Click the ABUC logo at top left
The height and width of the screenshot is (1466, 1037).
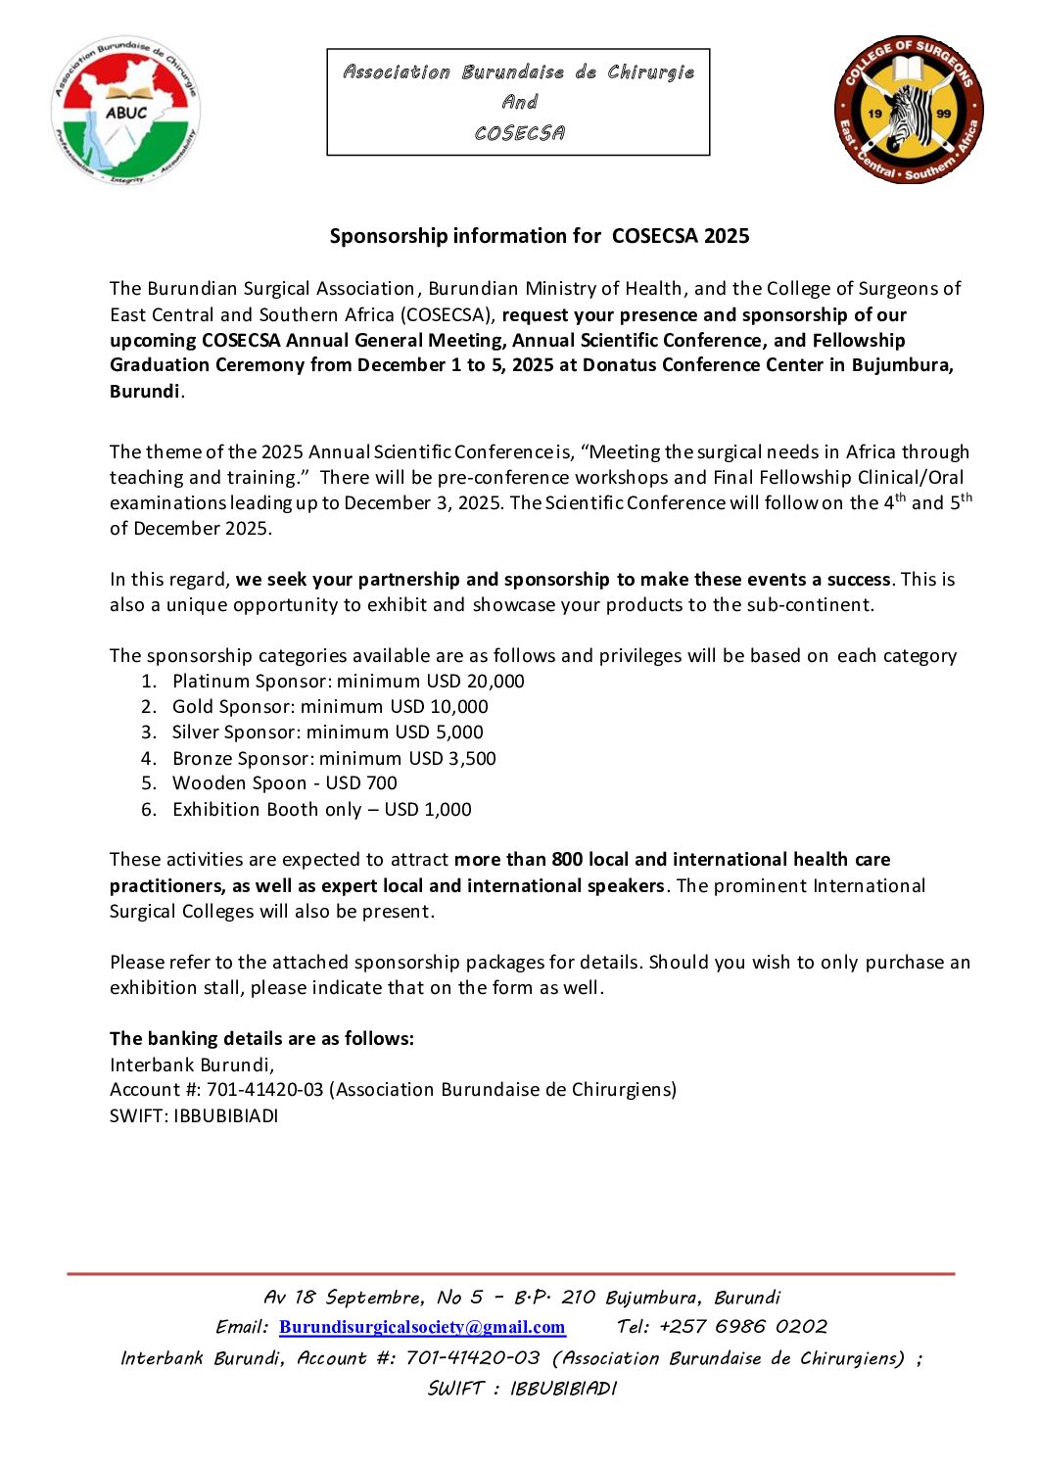[x=125, y=111]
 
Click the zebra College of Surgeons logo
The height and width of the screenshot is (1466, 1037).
[x=909, y=111]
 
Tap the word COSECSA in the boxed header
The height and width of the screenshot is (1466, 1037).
[x=519, y=133]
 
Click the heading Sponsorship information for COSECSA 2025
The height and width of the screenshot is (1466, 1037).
[x=539, y=236]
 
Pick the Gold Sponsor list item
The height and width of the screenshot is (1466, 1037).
[x=330, y=707]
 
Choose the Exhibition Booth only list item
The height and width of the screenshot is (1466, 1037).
[x=321, y=810]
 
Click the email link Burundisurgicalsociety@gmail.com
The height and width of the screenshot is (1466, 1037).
[x=422, y=1328]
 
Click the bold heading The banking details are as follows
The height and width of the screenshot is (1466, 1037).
[x=261, y=1039]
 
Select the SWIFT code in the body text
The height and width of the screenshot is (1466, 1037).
[x=226, y=1116]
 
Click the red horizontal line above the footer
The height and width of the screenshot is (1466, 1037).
[x=510, y=1274]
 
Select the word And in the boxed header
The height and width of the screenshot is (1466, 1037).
[x=519, y=102]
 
